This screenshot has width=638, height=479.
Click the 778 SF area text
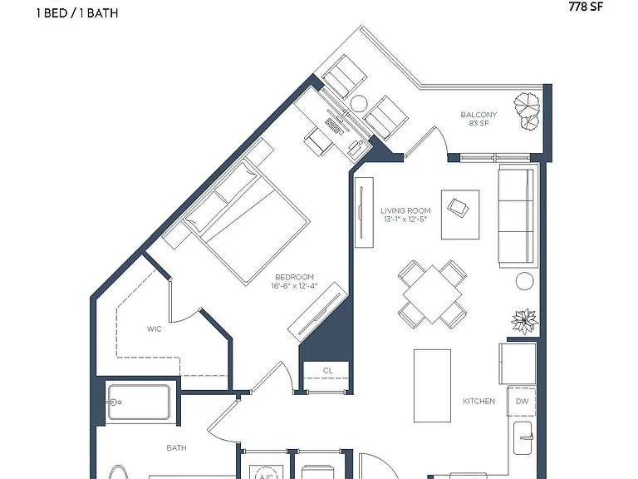tap(586, 6)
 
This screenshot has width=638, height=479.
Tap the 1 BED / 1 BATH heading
tap(77, 13)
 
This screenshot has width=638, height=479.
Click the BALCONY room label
tap(478, 115)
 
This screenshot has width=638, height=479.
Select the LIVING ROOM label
tap(405, 210)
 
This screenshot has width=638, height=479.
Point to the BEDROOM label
tap(295, 277)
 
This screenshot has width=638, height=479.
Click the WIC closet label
tap(155, 328)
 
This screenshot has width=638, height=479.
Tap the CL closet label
tap(328, 371)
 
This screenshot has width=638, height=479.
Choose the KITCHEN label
tap(478, 401)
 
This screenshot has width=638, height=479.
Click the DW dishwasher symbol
tap(521, 401)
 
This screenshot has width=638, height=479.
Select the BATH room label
tap(177, 447)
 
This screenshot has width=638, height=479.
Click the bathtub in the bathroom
tap(139, 402)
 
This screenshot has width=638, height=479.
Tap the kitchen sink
tap(523, 438)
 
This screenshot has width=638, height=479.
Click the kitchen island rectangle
tap(432, 385)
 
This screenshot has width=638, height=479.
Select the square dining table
tap(433, 294)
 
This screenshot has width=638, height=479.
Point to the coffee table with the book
tap(460, 215)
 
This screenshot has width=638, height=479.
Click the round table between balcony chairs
tap(359, 103)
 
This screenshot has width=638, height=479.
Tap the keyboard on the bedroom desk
tap(335, 126)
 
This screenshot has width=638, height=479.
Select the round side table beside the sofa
tap(524, 281)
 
